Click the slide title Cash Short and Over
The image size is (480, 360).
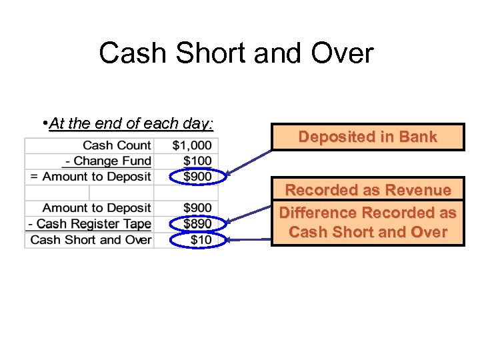pyautogui.click(x=236, y=53)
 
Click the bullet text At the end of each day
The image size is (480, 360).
pyautogui.click(x=131, y=123)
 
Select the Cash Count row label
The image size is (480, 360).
pyautogui.click(x=117, y=145)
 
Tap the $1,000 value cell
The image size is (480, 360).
pyautogui.click(x=192, y=145)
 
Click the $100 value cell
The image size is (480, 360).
pyautogui.click(x=197, y=161)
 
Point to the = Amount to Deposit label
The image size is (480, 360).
pyautogui.click(x=91, y=177)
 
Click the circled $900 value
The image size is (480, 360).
pyautogui.click(x=197, y=177)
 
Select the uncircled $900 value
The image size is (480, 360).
pyautogui.click(x=197, y=208)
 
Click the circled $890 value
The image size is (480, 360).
pyautogui.click(x=197, y=224)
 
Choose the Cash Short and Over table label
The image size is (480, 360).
pyautogui.click(x=91, y=240)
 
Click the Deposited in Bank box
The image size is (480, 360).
pyautogui.click(x=367, y=137)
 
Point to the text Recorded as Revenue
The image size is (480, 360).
pyautogui.click(x=367, y=191)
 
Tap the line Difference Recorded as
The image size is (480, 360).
pyautogui.click(x=367, y=213)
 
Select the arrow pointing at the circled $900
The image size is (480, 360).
pyautogui.click(x=249, y=163)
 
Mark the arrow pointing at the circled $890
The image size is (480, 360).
pyautogui.click(x=249, y=215)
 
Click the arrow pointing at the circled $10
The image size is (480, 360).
pyautogui.click(x=249, y=237)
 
